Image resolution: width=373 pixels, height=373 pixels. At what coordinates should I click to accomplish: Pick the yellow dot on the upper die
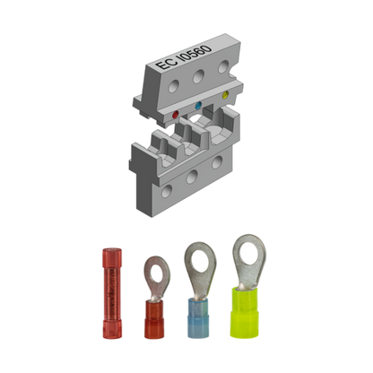225,93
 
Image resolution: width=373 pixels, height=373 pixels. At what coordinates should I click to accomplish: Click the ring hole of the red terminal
155,265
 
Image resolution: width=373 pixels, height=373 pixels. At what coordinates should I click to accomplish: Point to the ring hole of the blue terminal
196,258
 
